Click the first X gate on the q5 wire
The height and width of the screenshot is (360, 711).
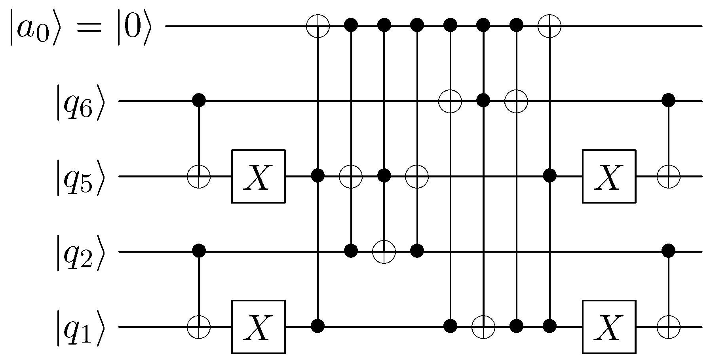[258, 176]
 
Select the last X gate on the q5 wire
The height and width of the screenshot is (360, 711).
[608, 176]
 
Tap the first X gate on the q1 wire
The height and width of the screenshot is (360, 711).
[258, 327]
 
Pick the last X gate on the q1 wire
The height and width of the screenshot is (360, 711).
[608, 327]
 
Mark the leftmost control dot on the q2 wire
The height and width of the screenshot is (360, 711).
[198, 250]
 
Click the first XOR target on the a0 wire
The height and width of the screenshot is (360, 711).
[318, 26]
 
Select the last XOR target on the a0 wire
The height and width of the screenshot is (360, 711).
[549, 26]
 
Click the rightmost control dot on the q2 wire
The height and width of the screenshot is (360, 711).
[668, 250]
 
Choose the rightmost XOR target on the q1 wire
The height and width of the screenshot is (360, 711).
[668, 327]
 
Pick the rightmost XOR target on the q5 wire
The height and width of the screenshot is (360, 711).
[668, 176]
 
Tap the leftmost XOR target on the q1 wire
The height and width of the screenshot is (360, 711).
[198, 327]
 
